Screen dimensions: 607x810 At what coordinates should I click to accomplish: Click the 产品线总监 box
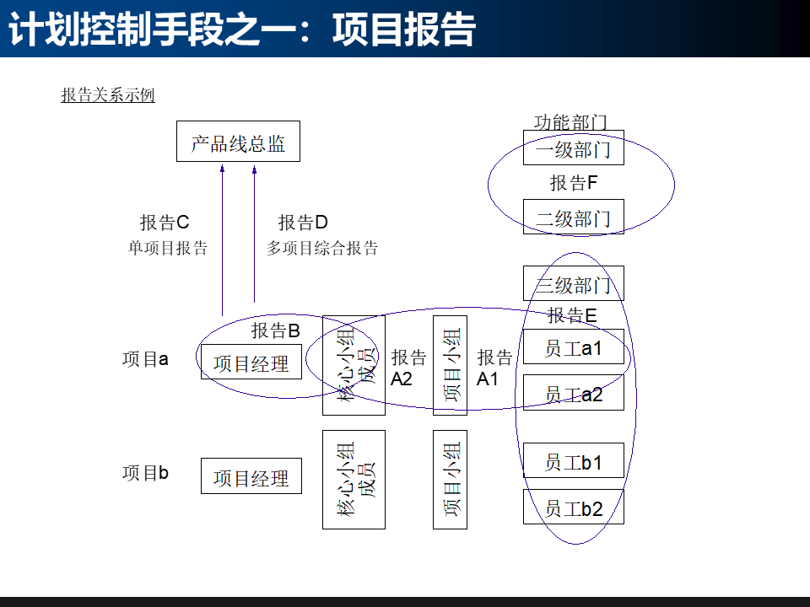coord(238,142)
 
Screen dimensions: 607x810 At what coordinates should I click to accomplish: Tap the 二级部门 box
coord(573,218)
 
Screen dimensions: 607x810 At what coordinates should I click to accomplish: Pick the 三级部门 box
coord(573,284)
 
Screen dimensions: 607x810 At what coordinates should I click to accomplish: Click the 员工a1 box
coord(573,347)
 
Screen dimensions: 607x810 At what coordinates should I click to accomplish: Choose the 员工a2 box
coord(573,393)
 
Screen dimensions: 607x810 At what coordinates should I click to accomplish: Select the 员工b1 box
coord(573,461)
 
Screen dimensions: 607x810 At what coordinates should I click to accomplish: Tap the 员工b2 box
coord(573,508)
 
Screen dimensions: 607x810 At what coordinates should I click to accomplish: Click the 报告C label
coord(165,223)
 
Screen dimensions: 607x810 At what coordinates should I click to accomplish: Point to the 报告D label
coord(303,223)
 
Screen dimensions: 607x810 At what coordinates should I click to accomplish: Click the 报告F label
coord(574,182)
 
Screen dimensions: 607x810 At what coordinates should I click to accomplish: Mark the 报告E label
coord(572,315)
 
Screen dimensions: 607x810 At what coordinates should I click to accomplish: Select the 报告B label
coord(276,330)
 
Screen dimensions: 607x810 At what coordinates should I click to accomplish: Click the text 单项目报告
coord(168,248)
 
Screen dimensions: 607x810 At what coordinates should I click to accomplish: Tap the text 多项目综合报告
coord(322,248)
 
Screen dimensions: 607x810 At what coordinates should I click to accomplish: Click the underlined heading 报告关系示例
coord(108,95)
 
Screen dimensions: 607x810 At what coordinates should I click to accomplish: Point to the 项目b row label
coord(145,473)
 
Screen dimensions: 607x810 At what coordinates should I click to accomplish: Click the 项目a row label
coord(145,359)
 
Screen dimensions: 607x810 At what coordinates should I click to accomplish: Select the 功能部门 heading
coord(570,123)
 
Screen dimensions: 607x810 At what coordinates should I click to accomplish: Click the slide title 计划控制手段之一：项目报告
coord(242,30)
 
